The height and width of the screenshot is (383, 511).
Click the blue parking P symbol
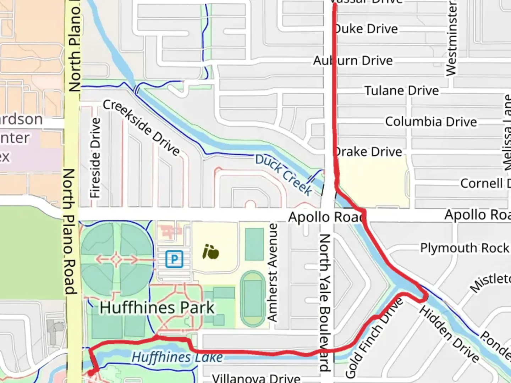pyautogui.click(x=174, y=259)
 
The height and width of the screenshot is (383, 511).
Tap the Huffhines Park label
pyautogui.click(x=157, y=307)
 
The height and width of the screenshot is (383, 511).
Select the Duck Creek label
pyautogui.click(x=284, y=174)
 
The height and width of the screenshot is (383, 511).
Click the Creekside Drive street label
pyautogui.click(x=142, y=128)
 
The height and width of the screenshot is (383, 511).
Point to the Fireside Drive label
pyautogui.click(x=95, y=158)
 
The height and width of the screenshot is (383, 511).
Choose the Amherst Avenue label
pyautogui.click(x=272, y=272)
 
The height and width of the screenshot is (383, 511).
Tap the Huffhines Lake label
pyautogui.click(x=177, y=357)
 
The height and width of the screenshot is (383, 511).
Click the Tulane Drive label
pyautogui.click(x=402, y=91)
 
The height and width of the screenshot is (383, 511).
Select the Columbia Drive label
pyautogui.click(x=431, y=122)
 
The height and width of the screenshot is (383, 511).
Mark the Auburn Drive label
pyautogui.click(x=353, y=61)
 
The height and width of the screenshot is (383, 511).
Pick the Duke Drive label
pyautogui.click(x=366, y=29)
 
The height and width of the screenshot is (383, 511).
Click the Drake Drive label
pyautogui.click(x=368, y=152)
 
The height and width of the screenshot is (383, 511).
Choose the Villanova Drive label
pyautogui.click(x=256, y=378)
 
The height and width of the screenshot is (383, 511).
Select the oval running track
pyautogui.click(x=252, y=299)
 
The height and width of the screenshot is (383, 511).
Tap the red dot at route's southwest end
pyautogui.click(x=91, y=373)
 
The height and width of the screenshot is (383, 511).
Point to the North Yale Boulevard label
pyautogui.click(x=325, y=301)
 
